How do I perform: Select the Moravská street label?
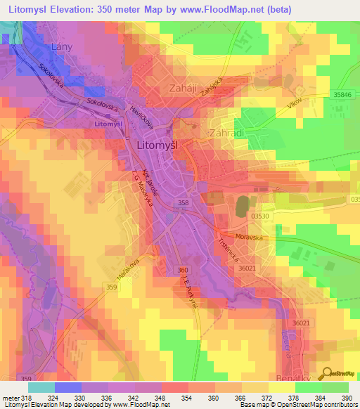pos(250,237)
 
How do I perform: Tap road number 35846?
pos(343,94)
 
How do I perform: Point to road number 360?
pos(183,270)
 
